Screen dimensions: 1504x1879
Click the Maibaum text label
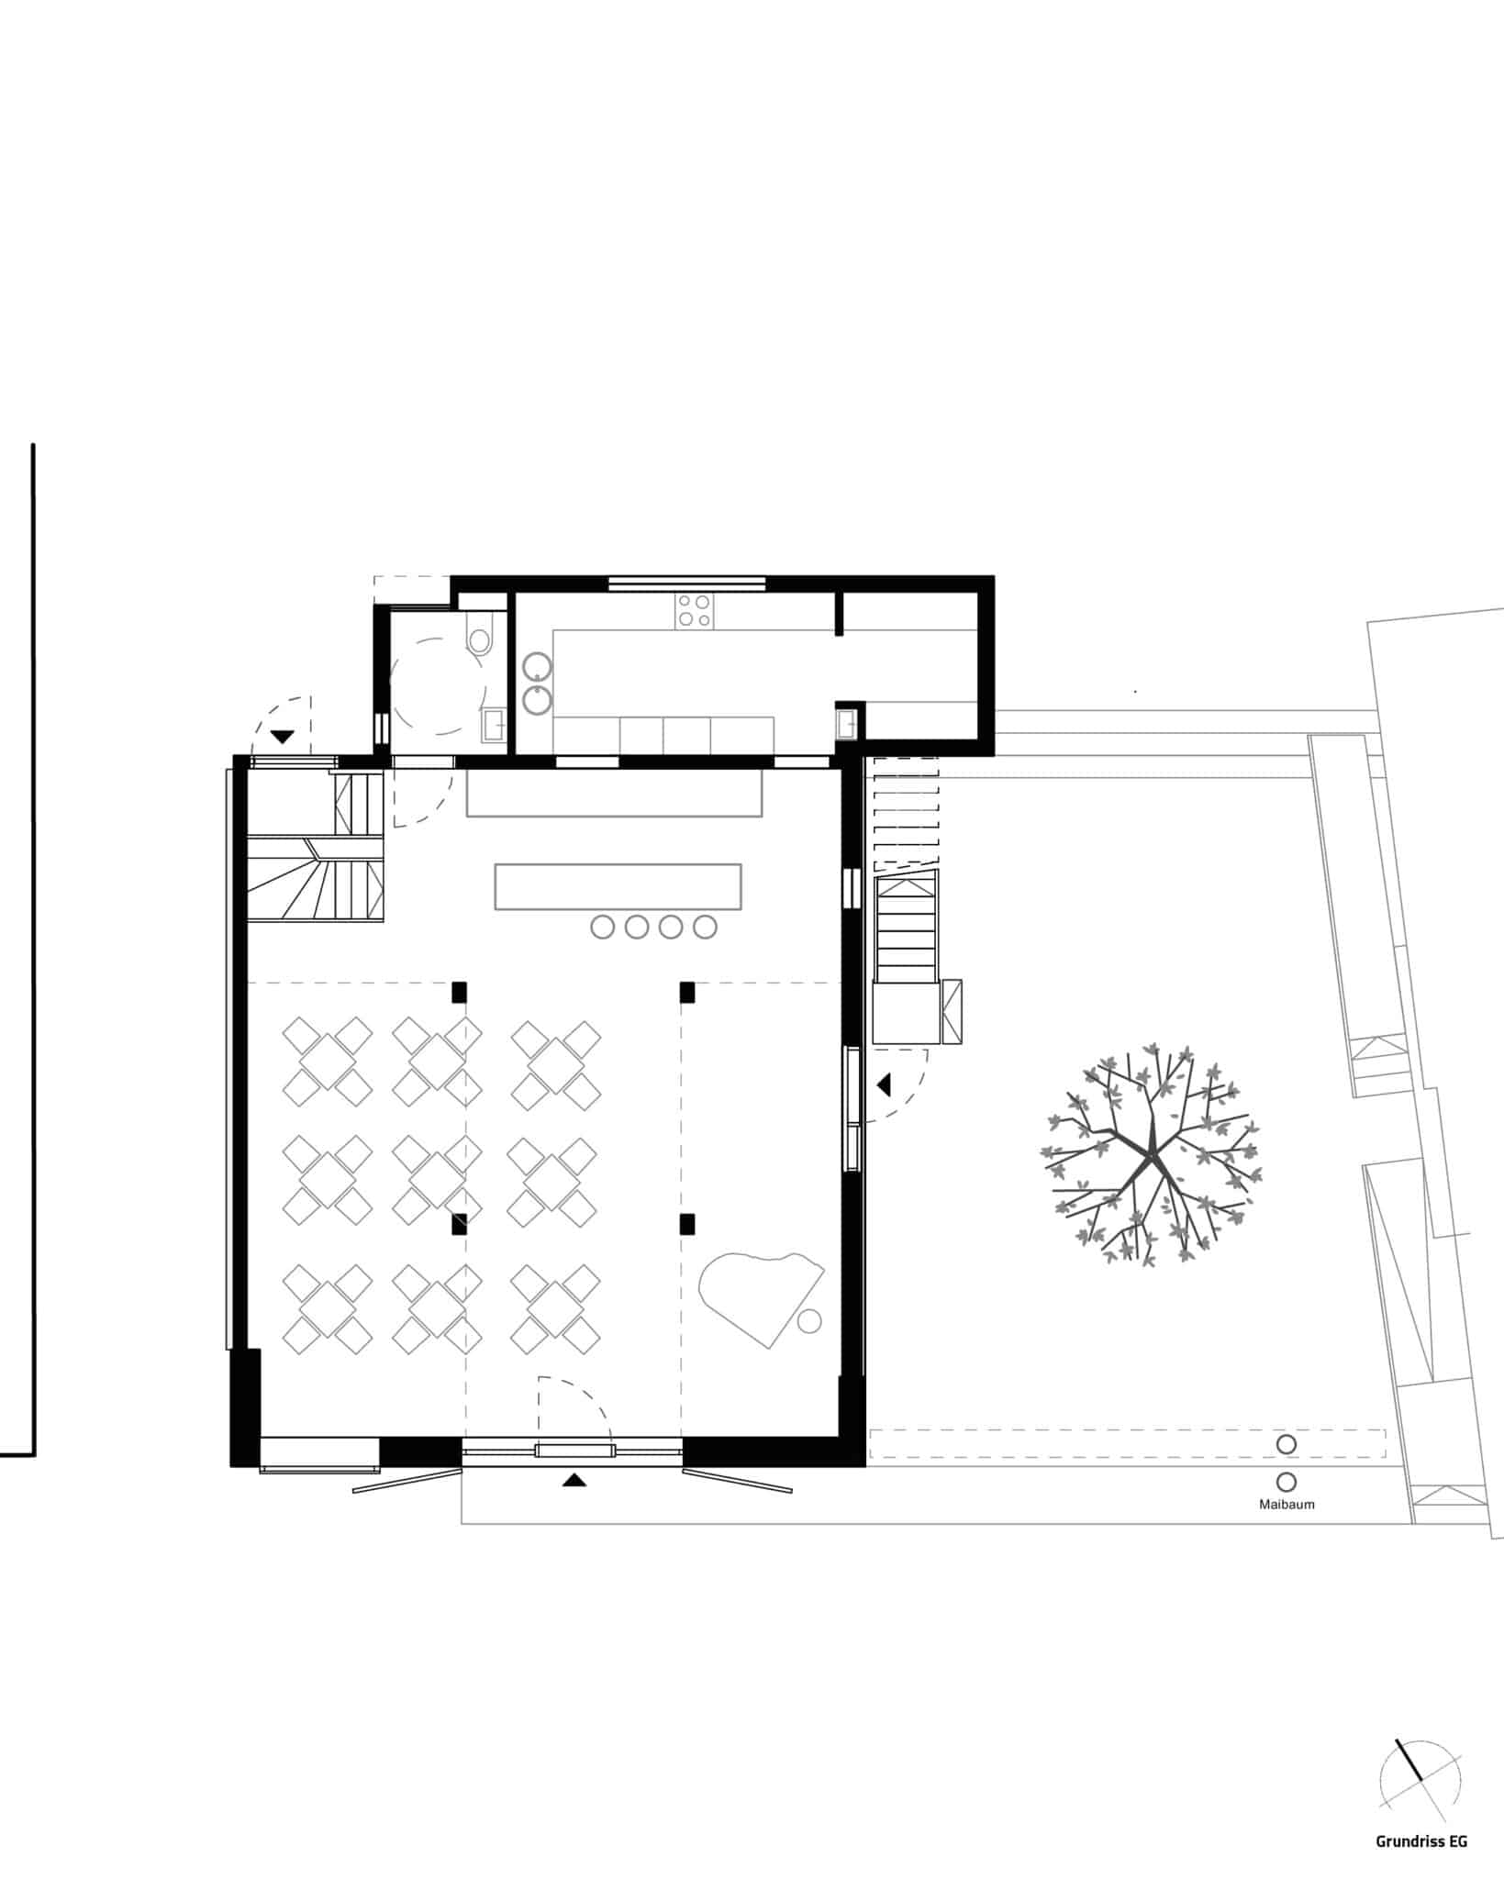[x=1287, y=1505]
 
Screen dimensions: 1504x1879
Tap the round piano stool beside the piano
[x=809, y=1321]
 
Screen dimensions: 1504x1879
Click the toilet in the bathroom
[x=480, y=634]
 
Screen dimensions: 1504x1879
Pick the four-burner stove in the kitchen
[x=695, y=611]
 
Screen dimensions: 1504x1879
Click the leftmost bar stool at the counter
[x=603, y=927]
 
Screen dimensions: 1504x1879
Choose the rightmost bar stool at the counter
[x=705, y=927]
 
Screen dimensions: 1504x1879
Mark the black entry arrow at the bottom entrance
[x=574, y=1479]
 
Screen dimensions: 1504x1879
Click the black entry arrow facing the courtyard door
[x=884, y=1084]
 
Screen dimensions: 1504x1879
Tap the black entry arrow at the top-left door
[x=283, y=736]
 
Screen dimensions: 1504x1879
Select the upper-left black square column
[x=459, y=991]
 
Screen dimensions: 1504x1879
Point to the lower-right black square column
[x=686, y=1223]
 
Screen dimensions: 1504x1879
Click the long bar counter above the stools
[x=618, y=886]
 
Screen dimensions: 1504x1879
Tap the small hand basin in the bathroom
[x=494, y=725]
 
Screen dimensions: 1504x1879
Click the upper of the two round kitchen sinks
[x=538, y=666]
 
